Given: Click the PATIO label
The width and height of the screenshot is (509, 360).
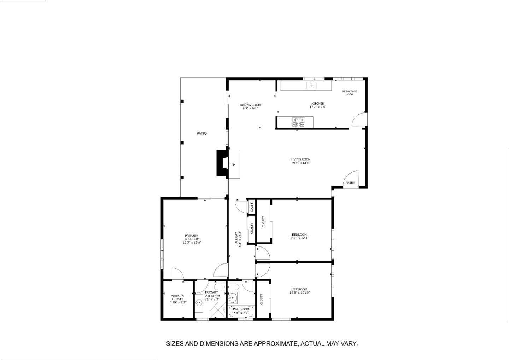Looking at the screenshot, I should coord(201,133).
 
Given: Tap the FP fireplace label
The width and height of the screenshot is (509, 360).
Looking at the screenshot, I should coord(233,165).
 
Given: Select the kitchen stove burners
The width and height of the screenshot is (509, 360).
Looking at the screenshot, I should coord(298,122).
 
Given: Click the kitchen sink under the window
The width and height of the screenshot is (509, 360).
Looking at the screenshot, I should coord(311,85).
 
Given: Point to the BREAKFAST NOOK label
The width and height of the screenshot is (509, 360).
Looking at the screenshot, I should coord(349,93).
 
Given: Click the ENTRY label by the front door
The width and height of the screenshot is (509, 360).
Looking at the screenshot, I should coord(350,183).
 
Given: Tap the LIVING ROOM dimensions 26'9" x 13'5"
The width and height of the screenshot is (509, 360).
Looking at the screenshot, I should coord(300,163).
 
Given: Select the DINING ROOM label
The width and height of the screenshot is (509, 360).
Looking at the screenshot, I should coord(250,105).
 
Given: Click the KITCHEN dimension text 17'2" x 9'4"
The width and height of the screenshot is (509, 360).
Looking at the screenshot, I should coord(317,107).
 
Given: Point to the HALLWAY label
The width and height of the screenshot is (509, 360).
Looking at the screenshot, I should coord(239,239).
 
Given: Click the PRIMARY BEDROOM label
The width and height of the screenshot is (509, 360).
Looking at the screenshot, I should coord(192,239).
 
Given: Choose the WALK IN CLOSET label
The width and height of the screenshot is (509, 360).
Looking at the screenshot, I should coord(177,299).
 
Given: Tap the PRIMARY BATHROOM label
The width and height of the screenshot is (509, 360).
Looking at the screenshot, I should coord(211,294).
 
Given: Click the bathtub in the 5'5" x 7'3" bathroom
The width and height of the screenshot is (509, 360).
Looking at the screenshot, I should coord(241,311).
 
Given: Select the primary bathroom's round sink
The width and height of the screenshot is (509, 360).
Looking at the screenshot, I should coord(199,302).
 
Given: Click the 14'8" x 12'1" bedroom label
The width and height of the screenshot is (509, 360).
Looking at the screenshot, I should coord(299,236).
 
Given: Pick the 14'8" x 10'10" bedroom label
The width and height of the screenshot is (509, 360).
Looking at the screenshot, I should coord(299,291).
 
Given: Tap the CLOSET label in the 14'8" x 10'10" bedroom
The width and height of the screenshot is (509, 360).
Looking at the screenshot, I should coord(262,300).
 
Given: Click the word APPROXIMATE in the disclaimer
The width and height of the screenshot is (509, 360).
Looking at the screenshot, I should coord(275,343).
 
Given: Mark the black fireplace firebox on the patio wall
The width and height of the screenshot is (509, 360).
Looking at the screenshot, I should coord(222,163).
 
